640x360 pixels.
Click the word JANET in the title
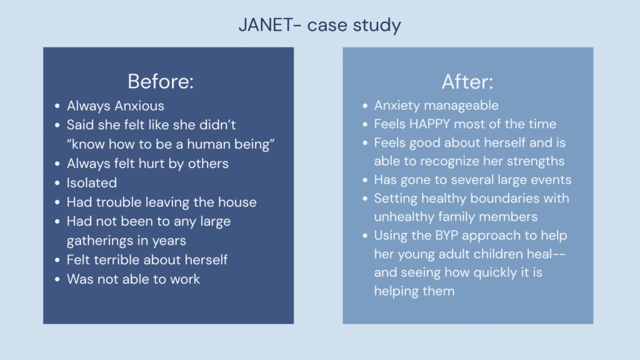tap(266, 24)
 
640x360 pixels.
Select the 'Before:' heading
tap(161, 81)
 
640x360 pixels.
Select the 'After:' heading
tap(467, 82)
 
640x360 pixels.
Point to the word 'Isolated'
tap(92, 182)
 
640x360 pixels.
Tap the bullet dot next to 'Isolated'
tap(57, 183)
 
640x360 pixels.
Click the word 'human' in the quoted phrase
tap(204, 144)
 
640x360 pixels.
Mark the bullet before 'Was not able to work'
tap(57, 279)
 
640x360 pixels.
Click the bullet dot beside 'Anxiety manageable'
tap(365, 106)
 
